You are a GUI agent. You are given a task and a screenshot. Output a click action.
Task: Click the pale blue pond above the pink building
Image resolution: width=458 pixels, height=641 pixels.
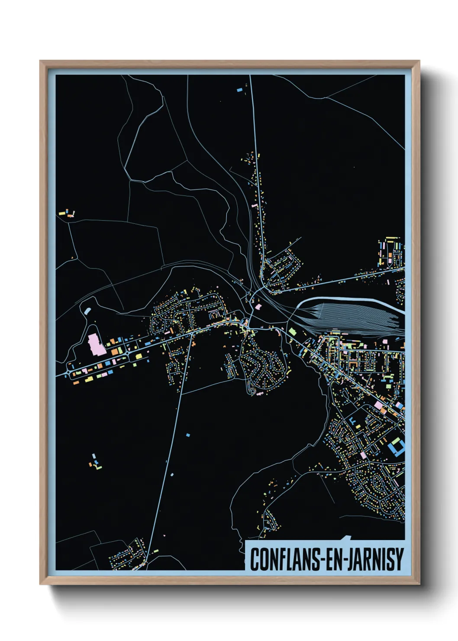(x=88, y=311)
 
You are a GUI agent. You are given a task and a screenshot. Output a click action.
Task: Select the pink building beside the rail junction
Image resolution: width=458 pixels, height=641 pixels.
(x=259, y=306)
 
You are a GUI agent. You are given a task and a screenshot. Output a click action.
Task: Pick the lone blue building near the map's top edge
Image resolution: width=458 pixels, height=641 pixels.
(x=239, y=90)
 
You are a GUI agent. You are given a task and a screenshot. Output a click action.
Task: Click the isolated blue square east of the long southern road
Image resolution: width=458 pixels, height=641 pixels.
(x=188, y=434)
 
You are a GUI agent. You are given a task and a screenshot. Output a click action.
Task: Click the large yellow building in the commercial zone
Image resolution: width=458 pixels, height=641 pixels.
(x=139, y=356)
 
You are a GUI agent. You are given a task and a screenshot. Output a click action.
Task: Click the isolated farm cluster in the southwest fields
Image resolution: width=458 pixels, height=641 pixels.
(x=95, y=463)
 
